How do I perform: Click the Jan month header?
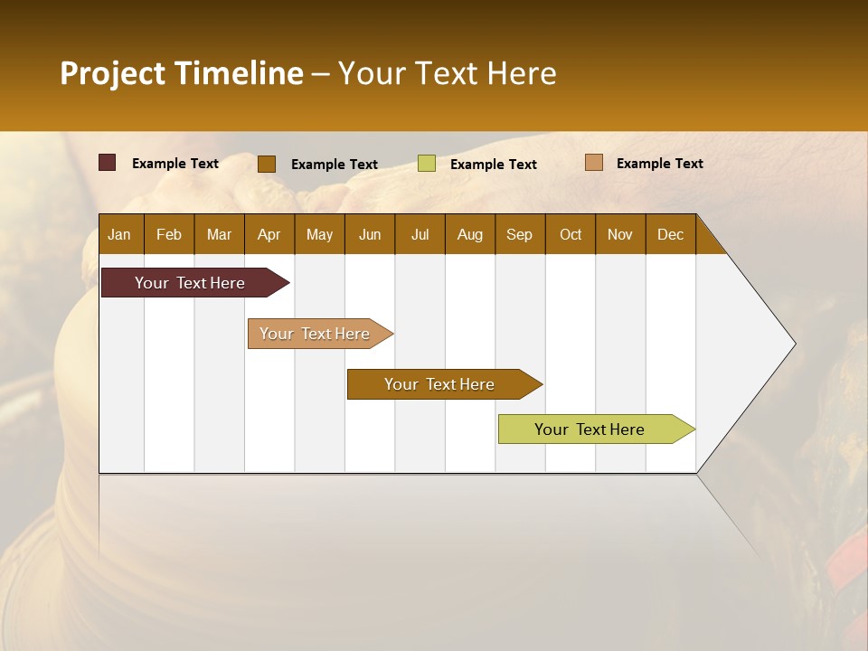pos(120,234)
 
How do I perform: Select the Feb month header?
pos(169,234)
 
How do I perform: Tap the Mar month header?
pos(219,234)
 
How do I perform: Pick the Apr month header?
pos(269,234)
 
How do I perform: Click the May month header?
pos(319,234)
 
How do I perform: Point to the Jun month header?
pos(370,234)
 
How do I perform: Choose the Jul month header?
pos(420,234)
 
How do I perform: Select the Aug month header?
pos(470,234)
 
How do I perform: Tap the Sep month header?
pos(520,234)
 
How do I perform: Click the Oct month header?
pos(571,234)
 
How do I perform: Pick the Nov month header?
pos(620,234)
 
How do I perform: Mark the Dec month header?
pos(671,234)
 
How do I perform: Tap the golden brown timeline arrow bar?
pos(440,384)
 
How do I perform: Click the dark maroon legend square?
pos(108,163)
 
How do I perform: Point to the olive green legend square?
pos(427,164)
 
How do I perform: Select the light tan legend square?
pos(593,163)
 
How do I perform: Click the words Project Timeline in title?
pos(182,73)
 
